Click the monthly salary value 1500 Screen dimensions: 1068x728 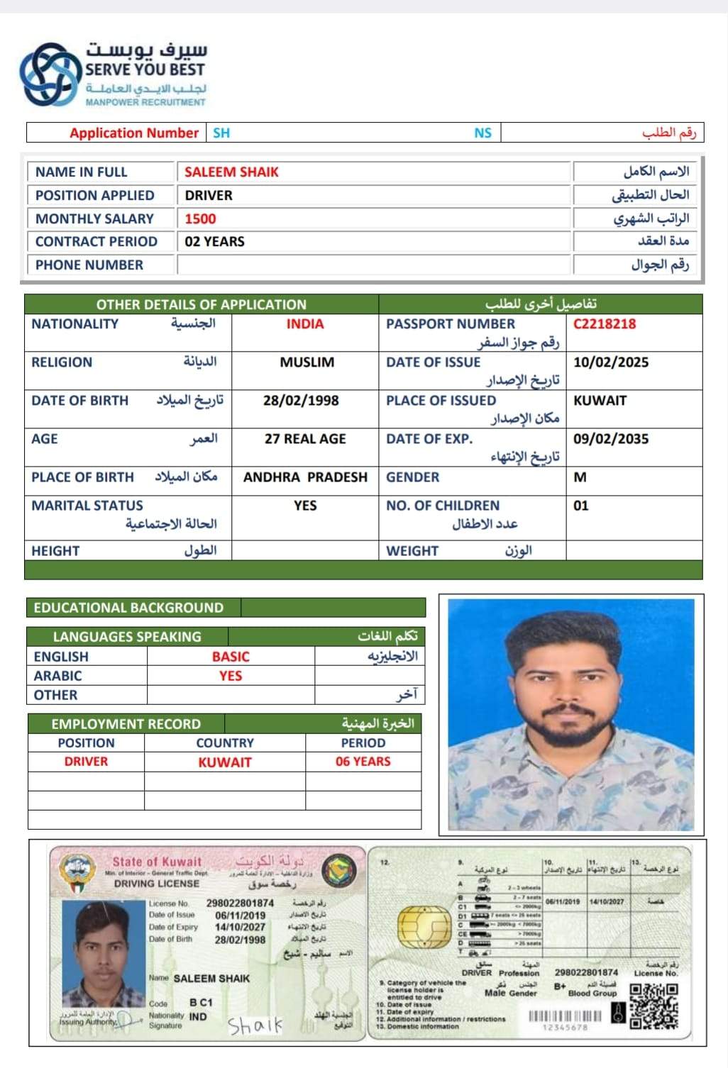(200, 219)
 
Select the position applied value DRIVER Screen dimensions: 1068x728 (209, 196)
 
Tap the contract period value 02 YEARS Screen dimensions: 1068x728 (214, 242)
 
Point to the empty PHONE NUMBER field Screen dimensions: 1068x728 (373, 265)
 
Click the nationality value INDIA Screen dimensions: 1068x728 (305, 324)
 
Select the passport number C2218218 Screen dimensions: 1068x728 (605, 324)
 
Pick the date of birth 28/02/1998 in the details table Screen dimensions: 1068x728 (301, 401)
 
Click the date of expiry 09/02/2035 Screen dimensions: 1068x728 (611, 439)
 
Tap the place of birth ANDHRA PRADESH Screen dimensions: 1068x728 (305, 477)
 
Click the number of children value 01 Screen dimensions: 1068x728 (581, 506)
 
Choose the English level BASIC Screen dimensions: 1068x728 (231, 657)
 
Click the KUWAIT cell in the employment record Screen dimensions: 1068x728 (225, 762)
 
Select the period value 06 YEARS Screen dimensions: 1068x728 (363, 762)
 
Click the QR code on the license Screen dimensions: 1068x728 (654, 1005)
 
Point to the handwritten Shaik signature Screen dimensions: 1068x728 (255, 1025)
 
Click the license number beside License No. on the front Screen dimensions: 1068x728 (240, 903)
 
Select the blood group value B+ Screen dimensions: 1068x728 (560, 986)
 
